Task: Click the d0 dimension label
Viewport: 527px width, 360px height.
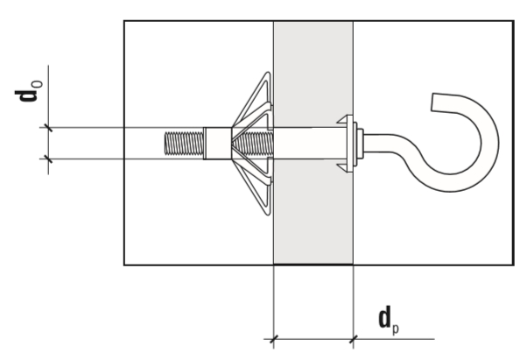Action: click(x=29, y=91)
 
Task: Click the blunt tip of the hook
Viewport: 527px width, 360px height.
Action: click(x=432, y=102)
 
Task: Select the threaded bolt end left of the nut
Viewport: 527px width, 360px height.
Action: click(x=184, y=144)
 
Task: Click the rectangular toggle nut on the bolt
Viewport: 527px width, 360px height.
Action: click(x=217, y=144)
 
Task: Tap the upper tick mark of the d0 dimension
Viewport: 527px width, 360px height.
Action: click(x=48, y=128)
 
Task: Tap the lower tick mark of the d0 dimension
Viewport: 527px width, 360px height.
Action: click(x=48, y=159)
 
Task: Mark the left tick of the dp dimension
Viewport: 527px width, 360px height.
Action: click(x=274, y=339)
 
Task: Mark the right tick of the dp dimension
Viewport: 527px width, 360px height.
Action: click(x=353, y=339)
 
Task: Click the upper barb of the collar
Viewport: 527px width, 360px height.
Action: click(x=345, y=120)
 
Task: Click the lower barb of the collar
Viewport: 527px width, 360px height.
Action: click(x=345, y=167)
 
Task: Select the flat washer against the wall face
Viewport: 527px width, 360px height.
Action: click(x=355, y=144)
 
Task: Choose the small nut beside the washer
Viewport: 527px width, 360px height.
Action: click(x=360, y=144)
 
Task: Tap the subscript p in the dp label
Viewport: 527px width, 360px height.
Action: click(x=396, y=328)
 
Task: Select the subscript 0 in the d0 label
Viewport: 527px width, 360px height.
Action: click(x=38, y=84)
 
